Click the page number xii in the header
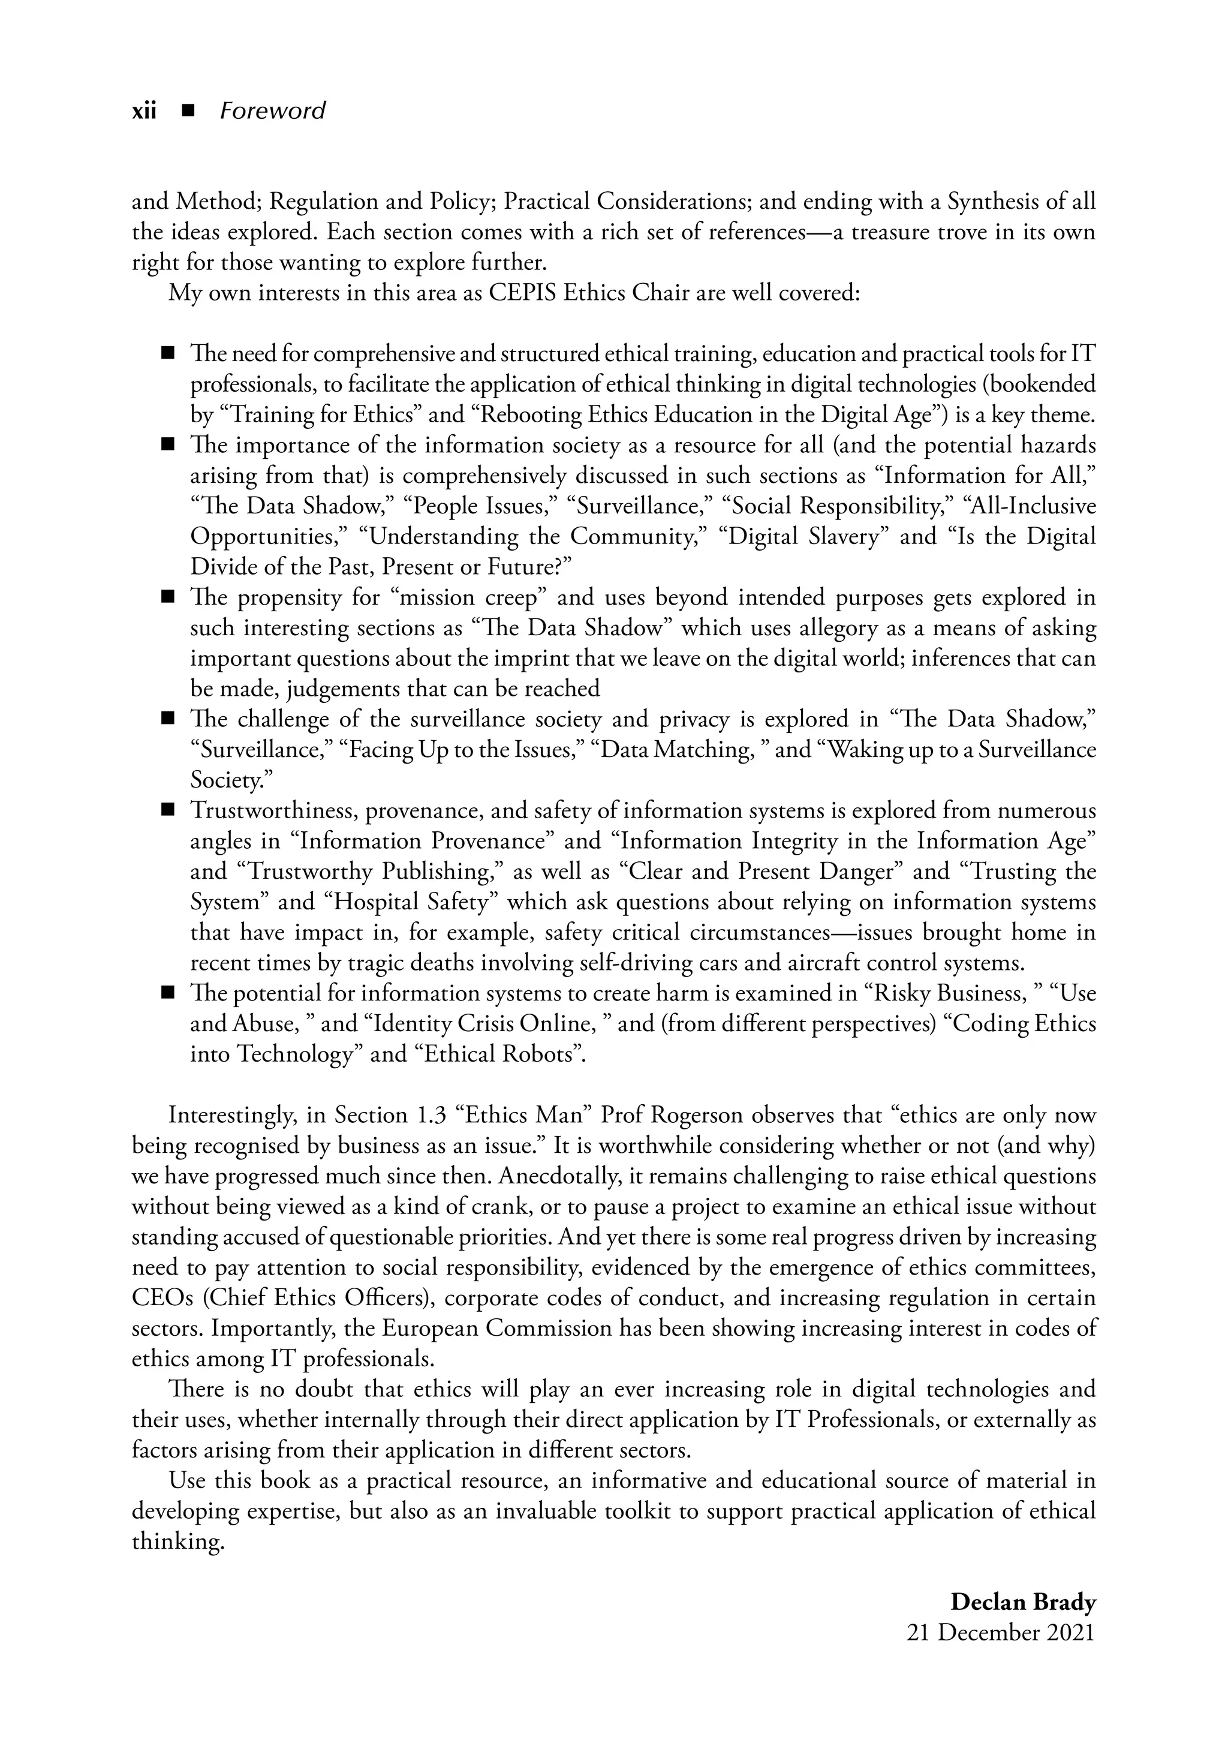point(144,112)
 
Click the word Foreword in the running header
point(272,112)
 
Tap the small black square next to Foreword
point(187,112)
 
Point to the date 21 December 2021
point(1000,1632)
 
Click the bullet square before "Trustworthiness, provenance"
point(168,810)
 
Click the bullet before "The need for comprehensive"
point(168,354)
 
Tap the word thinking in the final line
point(177,1541)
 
